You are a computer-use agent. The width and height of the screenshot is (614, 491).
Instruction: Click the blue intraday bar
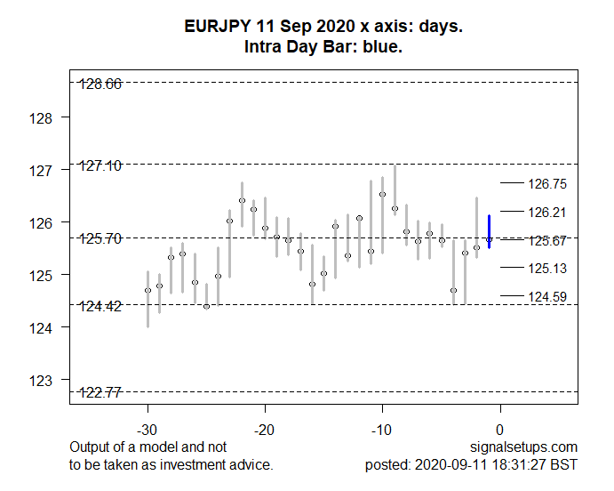pos(489,231)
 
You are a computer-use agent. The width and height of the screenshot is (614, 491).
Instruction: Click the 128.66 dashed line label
pos(100,84)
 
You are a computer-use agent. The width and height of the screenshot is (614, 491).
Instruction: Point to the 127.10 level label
pos(100,165)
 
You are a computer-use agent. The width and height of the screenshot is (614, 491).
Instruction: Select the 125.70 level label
pos(100,238)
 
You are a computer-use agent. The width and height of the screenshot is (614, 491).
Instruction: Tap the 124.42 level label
pos(100,306)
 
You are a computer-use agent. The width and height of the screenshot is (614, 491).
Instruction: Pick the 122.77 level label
pos(100,392)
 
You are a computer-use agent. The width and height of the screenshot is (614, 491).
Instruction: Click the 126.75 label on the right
pos(547,184)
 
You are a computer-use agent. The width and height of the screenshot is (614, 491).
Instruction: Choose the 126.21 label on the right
pos(547,213)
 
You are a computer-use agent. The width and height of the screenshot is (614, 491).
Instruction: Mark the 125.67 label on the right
pos(547,240)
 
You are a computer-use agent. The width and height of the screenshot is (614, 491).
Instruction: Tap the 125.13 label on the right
pos(547,269)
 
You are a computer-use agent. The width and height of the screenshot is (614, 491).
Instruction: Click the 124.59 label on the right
pos(547,296)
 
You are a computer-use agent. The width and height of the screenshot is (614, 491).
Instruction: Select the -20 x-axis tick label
pos(265,430)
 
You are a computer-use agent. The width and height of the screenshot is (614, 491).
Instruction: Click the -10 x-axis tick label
pos(382,430)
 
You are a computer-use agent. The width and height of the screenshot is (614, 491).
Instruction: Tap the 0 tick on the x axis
pos(500,430)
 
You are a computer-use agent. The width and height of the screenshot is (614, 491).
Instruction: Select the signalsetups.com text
pos(531,447)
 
